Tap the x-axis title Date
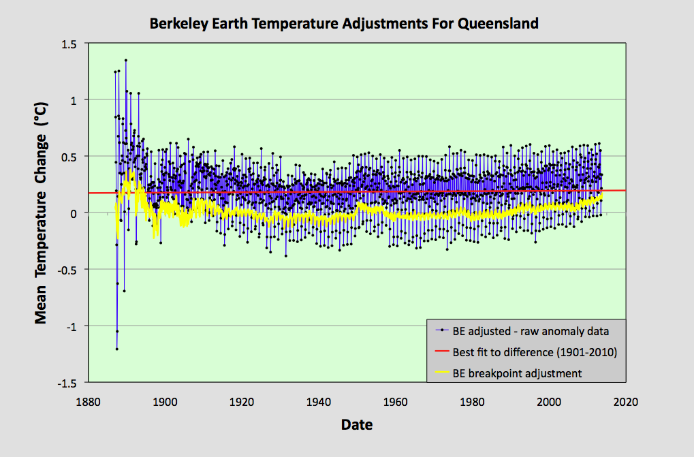point(357,425)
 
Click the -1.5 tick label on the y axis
point(67,383)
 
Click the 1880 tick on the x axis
point(87,402)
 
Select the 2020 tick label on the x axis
point(625,402)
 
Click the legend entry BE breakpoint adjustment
point(517,373)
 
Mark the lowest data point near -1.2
point(116,349)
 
